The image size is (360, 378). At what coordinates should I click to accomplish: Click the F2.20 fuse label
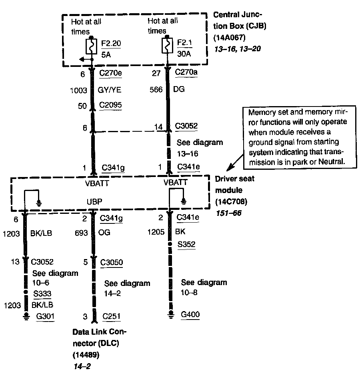[x=108, y=42]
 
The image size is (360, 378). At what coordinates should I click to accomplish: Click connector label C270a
[x=186, y=73]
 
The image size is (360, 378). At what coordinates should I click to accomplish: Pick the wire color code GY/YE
[x=110, y=90]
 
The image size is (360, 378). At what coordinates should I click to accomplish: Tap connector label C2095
[x=111, y=105]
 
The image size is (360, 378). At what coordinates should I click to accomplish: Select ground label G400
[x=190, y=314]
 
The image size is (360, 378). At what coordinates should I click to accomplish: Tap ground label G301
[x=45, y=317]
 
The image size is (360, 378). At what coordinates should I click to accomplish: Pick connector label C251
[x=110, y=317]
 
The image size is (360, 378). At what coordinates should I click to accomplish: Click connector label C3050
[x=112, y=262]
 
